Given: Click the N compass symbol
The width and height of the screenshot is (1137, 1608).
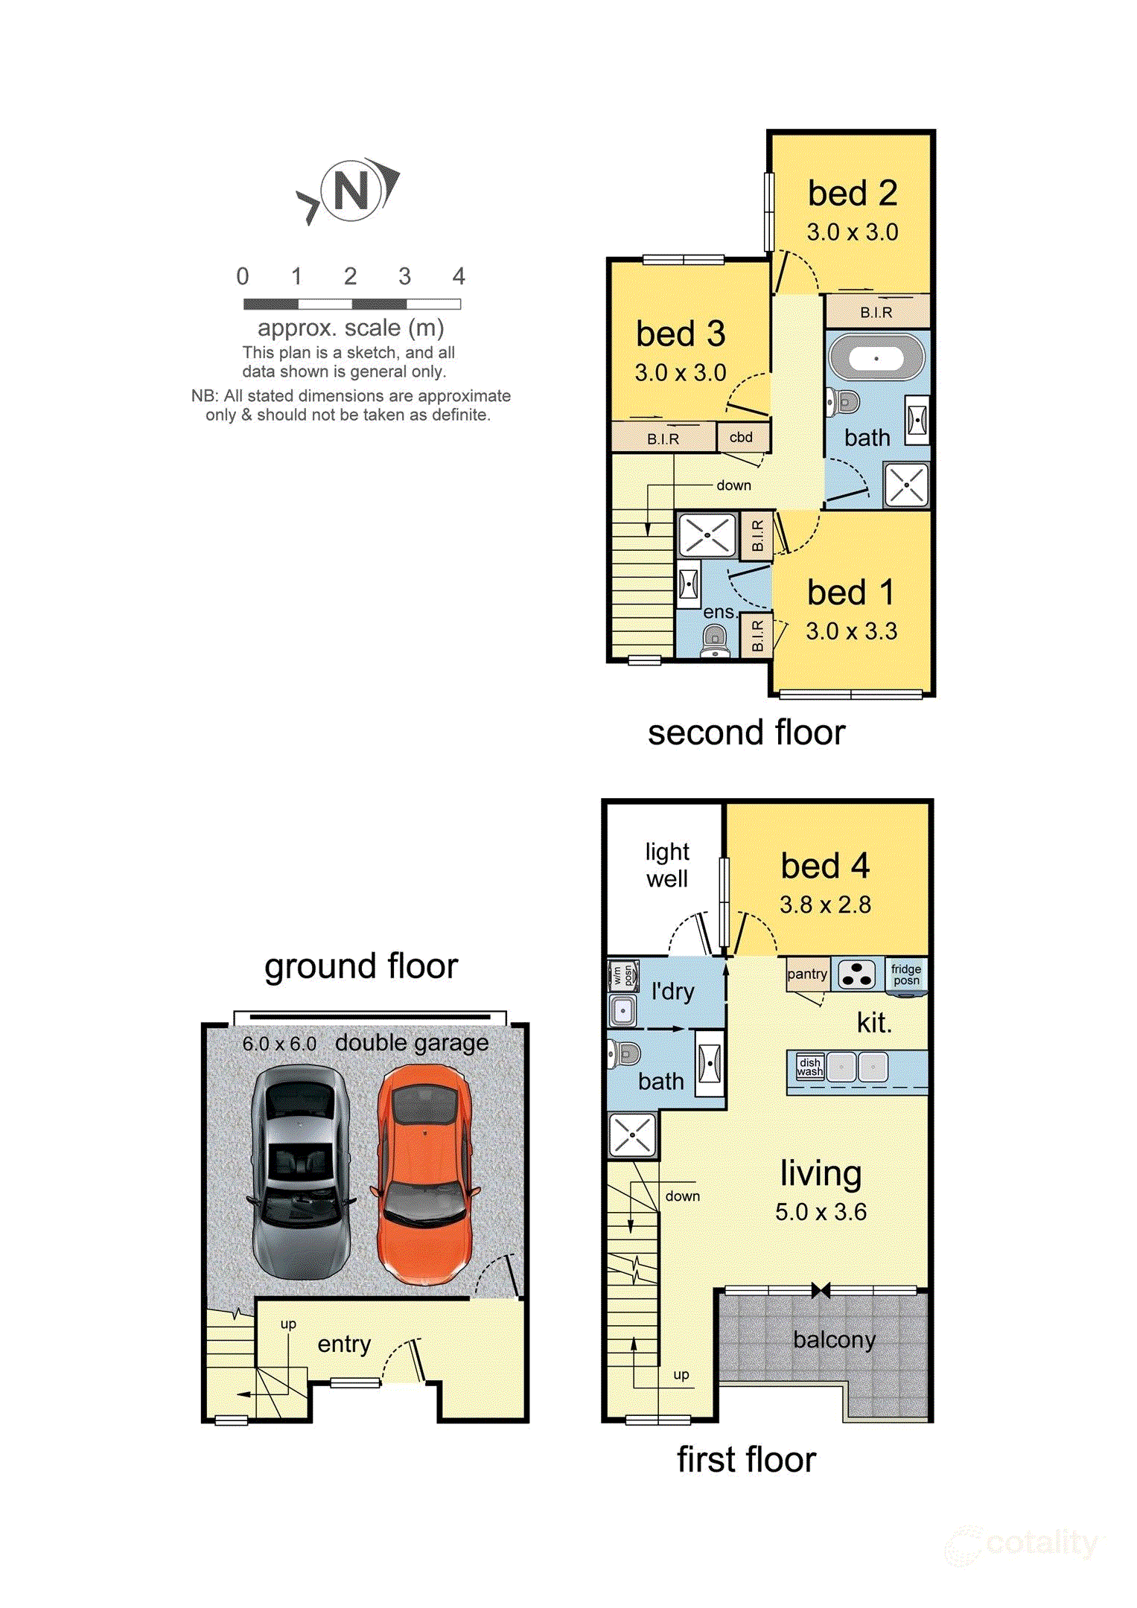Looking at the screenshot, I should coord(351,191).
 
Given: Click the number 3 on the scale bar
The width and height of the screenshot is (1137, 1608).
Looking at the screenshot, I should coord(404,277).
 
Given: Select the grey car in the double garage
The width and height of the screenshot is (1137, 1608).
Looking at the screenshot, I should coord(300,1172).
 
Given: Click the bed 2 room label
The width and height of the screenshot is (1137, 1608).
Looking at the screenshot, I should coord(853,194).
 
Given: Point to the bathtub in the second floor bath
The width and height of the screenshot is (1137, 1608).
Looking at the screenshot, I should coord(876,359).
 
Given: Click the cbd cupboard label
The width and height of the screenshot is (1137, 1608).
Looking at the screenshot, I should coord(741,438).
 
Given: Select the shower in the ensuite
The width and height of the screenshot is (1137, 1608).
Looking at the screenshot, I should coord(707,535).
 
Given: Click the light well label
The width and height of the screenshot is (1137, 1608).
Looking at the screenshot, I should coord(667,865).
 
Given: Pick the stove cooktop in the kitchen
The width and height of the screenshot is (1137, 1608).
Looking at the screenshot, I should coord(856,974).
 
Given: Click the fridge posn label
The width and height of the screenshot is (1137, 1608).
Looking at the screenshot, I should coord(906,974).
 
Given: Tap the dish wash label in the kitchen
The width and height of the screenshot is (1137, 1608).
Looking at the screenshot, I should coord(810,1067).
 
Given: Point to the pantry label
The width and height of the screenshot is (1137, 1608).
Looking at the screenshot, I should coord(807,974).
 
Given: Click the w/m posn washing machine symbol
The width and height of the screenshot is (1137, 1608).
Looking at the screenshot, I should coord(624,975).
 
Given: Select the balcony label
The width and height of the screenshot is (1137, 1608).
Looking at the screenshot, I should coord(834,1340).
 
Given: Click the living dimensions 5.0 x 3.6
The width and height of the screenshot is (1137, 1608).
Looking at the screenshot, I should coord(821,1212).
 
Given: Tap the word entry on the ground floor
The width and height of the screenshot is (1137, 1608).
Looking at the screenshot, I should coord(344,1344).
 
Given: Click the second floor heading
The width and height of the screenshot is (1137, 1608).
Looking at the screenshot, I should coord(746,733).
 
